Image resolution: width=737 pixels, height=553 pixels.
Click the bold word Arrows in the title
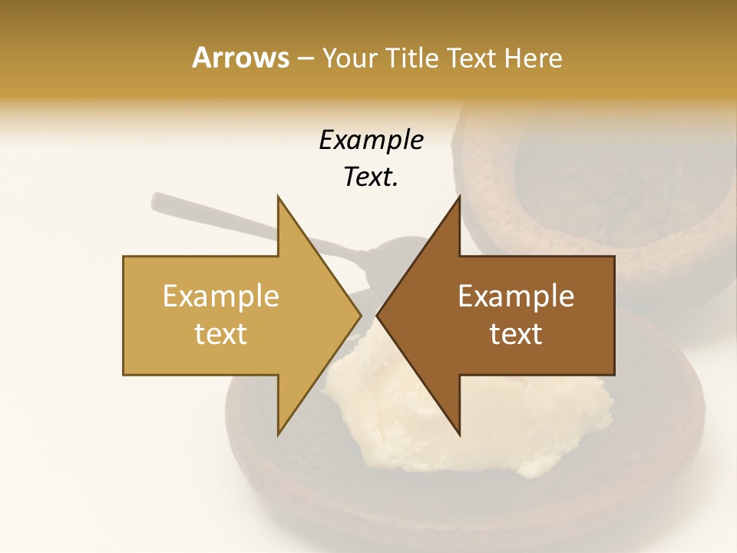pyautogui.click(x=240, y=58)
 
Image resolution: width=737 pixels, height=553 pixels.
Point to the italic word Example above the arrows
pyautogui.click(x=371, y=141)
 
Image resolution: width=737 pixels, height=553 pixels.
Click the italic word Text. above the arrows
pyautogui.click(x=371, y=177)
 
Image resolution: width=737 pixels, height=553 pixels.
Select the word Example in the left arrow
pyautogui.click(x=221, y=296)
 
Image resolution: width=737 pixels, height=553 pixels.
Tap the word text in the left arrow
pyautogui.click(x=221, y=334)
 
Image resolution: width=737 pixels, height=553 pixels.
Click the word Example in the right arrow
pyautogui.click(x=516, y=296)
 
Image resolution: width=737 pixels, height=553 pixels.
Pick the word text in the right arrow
pyautogui.click(x=516, y=334)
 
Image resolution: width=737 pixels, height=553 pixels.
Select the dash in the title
pyautogui.click(x=305, y=58)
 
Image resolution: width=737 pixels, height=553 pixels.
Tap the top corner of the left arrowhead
pyautogui.click(x=279, y=197)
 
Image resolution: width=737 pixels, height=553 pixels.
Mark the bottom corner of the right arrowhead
pyautogui.click(x=459, y=435)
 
